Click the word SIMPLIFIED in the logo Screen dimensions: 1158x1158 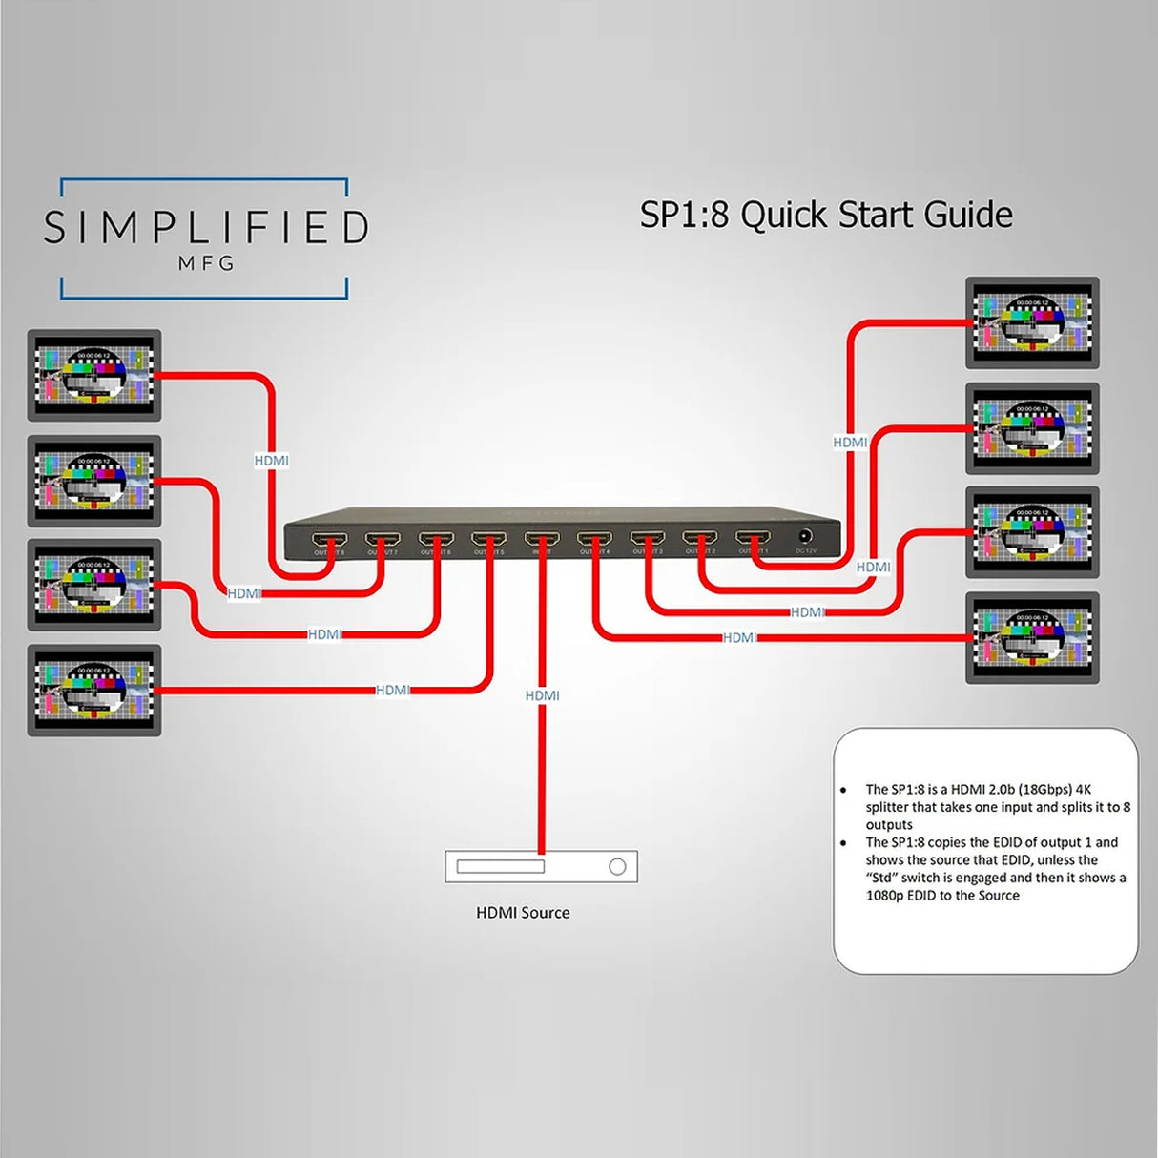pyautogui.click(x=205, y=228)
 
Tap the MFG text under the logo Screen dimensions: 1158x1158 pyautogui.click(x=206, y=263)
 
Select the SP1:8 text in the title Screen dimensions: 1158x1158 pyautogui.click(x=684, y=215)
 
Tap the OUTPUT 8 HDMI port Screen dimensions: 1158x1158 pyautogui.click(x=329, y=540)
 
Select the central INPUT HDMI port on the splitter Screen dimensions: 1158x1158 pyautogui.click(x=542, y=540)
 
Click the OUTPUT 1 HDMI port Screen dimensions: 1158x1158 pyautogui.click(x=753, y=540)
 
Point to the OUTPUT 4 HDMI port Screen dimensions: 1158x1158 pyautogui.click(x=594, y=540)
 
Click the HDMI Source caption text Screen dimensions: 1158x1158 pyautogui.click(x=523, y=913)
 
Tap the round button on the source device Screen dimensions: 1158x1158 pyautogui.click(x=617, y=866)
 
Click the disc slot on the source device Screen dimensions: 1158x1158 pyautogui.click(x=500, y=866)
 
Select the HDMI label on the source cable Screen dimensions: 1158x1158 pyautogui.click(x=542, y=695)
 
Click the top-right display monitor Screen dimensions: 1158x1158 pyautogui.click(x=1032, y=322)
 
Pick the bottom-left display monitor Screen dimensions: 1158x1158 pyautogui.click(x=93, y=690)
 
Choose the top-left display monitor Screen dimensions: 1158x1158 pyautogui.click(x=93, y=375)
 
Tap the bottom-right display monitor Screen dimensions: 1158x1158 pyautogui.click(x=1032, y=637)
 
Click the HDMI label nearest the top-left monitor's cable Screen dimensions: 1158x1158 pyautogui.click(x=271, y=461)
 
